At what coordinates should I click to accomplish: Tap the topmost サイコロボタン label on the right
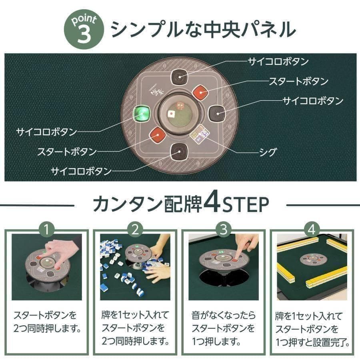[x=278, y=62]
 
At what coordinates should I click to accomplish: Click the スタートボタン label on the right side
[x=298, y=82]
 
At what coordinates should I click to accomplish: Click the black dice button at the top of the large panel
[x=179, y=77]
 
